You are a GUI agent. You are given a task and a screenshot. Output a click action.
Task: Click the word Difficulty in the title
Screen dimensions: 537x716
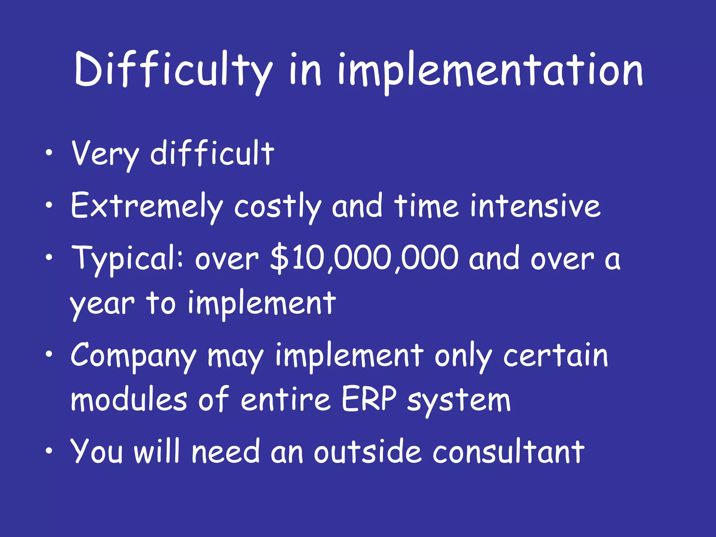(173, 70)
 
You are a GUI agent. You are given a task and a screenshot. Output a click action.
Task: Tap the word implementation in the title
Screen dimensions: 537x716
(489, 72)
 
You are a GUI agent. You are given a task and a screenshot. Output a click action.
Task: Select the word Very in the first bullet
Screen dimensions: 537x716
(105, 154)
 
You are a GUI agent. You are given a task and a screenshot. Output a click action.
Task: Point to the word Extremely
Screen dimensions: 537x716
(147, 206)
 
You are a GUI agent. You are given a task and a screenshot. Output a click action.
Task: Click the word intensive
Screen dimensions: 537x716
(535, 206)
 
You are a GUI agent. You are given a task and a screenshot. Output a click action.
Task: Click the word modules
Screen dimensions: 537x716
(129, 400)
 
